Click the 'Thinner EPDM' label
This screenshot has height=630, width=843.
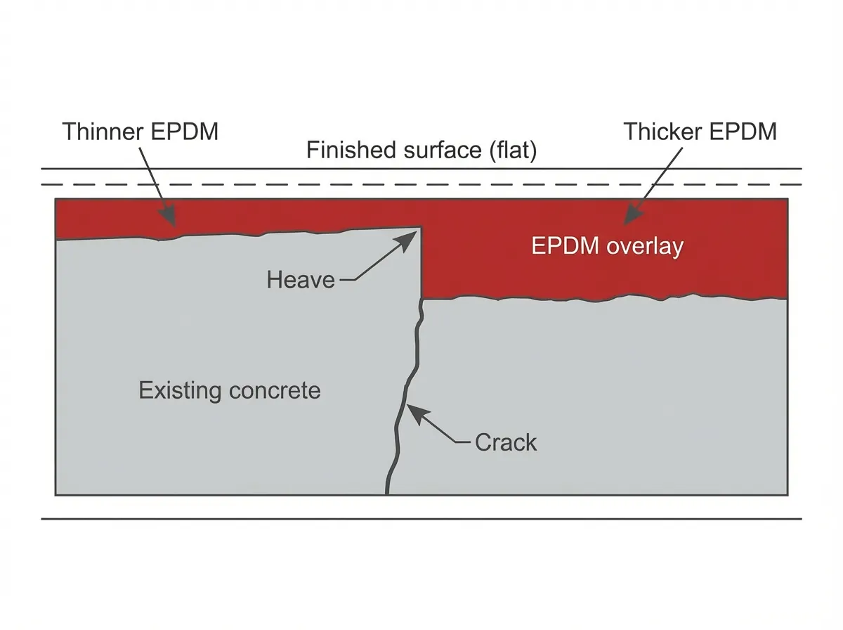pyautogui.click(x=140, y=132)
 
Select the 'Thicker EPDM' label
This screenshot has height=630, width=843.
pyautogui.click(x=700, y=132)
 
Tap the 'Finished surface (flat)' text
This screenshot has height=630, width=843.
pyautogui.click(x=421, y=150)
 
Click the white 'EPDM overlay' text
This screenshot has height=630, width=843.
pyautogui.click(x=607, y=246)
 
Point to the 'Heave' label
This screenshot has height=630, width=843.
pyautogui.click(x=301, y=279)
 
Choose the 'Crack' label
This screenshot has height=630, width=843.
pyautogui.click(x=506, y=442)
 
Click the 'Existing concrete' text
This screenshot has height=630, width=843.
pyautogui.click(x=229, y=390)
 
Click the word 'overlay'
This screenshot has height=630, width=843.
pyautogui.click(x=645, y=247)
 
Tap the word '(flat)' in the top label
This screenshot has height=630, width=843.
pyautogui.click(x=513, y=150)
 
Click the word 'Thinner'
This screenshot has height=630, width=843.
pyautogui.click(x=103, y=132)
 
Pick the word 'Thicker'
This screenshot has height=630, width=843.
pyautogui.click(x=663, y=132)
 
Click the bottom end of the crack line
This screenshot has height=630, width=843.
pyautogui.click(x=387, y=494)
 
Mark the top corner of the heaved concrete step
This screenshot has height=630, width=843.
pyautogui.click(x=421, y=227)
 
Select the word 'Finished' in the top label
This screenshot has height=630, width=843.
pyautogui.click(x=351, y=150)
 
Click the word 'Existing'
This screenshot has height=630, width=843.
pyautogui.click(x=180, y=390)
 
